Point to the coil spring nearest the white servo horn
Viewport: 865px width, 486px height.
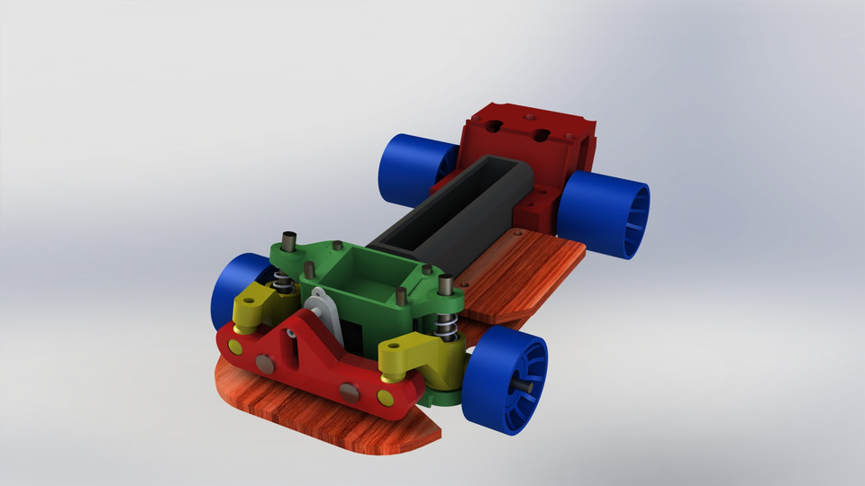(x=284, y=285)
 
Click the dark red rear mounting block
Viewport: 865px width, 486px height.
(x=527, y=144)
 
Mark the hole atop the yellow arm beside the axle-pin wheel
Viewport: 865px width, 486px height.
(x=393, y=346)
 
